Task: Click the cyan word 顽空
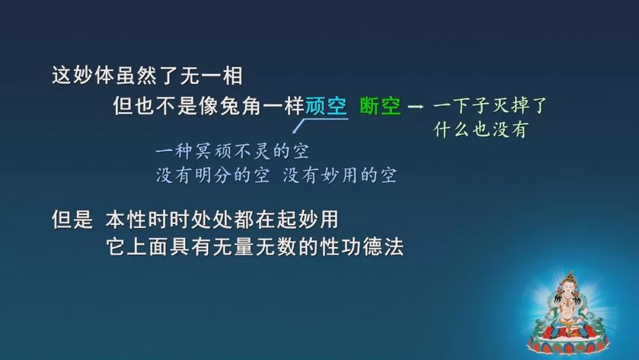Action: point(326,106)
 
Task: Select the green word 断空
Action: point(380,106)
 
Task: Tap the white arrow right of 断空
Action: point(416,107)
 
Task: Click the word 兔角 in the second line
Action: point(241,106)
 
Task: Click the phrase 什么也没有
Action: point(481,130)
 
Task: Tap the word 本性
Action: point(127,220)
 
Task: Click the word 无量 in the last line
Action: point(233,247)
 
